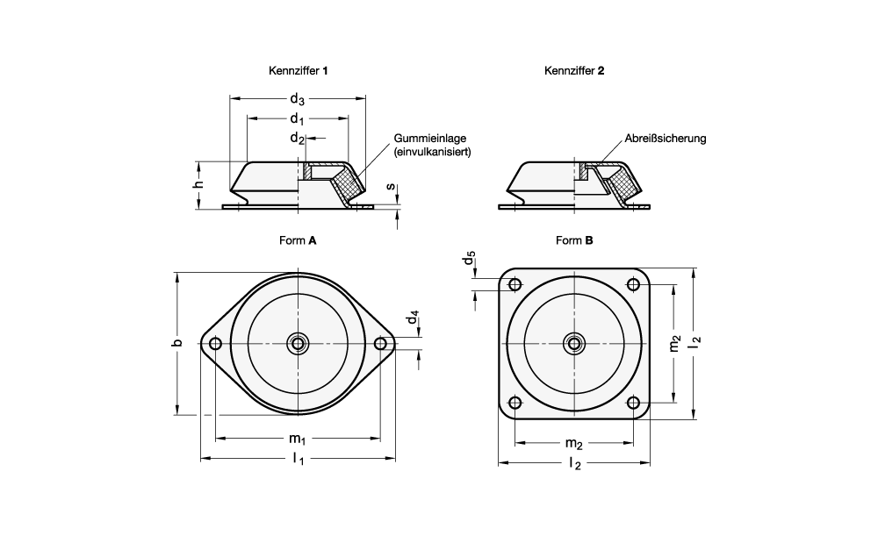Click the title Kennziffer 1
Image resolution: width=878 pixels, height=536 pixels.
click(299, 71)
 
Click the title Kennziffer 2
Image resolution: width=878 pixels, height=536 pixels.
click(574, 71)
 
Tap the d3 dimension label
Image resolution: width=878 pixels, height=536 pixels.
click(298, 100)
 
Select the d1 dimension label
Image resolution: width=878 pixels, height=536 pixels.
click(298, 118)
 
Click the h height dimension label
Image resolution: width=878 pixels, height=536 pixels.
click(199, 184)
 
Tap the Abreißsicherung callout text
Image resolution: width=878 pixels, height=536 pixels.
click(666, 139)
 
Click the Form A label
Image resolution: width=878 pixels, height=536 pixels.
click(298, 240)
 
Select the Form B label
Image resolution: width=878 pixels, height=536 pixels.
click(574, 240)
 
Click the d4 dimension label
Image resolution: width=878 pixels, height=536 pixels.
click(413, 318)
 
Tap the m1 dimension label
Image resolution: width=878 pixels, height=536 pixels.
click(298, 439)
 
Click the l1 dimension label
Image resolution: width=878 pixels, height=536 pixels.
click(298, 460)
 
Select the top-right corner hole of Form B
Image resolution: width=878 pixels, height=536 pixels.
click(633, 283)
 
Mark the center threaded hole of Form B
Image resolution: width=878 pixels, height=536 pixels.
click(574, 343)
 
